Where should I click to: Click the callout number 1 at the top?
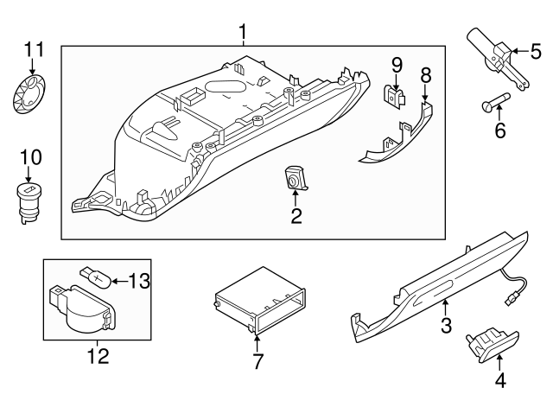click(x=243, y=32)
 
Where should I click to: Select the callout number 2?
click(x=296, y=216)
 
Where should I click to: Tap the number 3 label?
click(x=446, y=326)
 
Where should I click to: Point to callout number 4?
click(x=499, y=379)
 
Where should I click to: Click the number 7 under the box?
click(x=257, y=361)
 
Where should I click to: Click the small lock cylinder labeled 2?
click(x=295, y=180)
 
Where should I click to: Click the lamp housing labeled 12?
click(x=80, y=309)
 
